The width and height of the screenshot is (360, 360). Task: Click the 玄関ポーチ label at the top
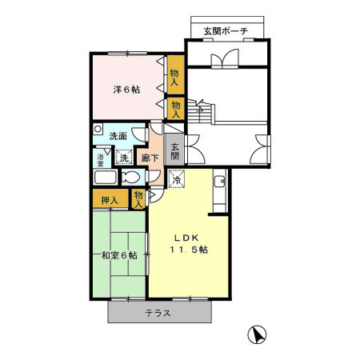coord(225,31)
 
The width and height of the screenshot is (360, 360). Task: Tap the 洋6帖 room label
coord(126,90)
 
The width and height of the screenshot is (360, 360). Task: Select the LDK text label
coord(189,237)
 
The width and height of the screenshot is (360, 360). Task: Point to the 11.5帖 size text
coord(189,250)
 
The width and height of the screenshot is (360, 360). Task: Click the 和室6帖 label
coord(119,255)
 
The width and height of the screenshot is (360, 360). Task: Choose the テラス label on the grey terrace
coord(158,313)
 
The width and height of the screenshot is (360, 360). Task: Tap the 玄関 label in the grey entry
coord(175,150)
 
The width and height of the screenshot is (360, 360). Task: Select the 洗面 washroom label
coord(119,136)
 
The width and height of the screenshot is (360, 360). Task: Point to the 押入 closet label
coord(110,199)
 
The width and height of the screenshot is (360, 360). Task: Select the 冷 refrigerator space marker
coord(176,180)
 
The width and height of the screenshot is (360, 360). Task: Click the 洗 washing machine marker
coord(124,158)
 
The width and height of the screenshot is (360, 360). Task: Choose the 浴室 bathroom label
coord(101,158)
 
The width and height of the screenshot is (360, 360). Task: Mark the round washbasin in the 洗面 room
coord(98,129)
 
